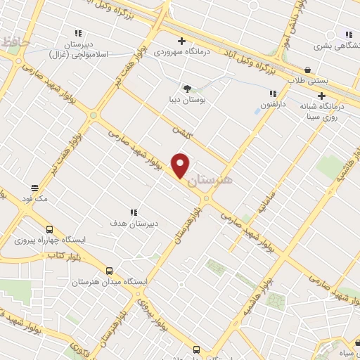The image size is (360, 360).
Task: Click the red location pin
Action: (181, 165)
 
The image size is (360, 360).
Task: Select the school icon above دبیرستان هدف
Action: (134, 212)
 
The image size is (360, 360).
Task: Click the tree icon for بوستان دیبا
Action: (187, 89)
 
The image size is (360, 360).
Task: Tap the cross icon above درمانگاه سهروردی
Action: (182, 41)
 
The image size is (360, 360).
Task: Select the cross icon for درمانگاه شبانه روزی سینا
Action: (322, 96)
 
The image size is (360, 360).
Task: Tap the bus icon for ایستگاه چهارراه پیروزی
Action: (49, 229)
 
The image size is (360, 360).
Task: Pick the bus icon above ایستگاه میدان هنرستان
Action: (109, 270)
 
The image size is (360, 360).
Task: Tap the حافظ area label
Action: (15, 42)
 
